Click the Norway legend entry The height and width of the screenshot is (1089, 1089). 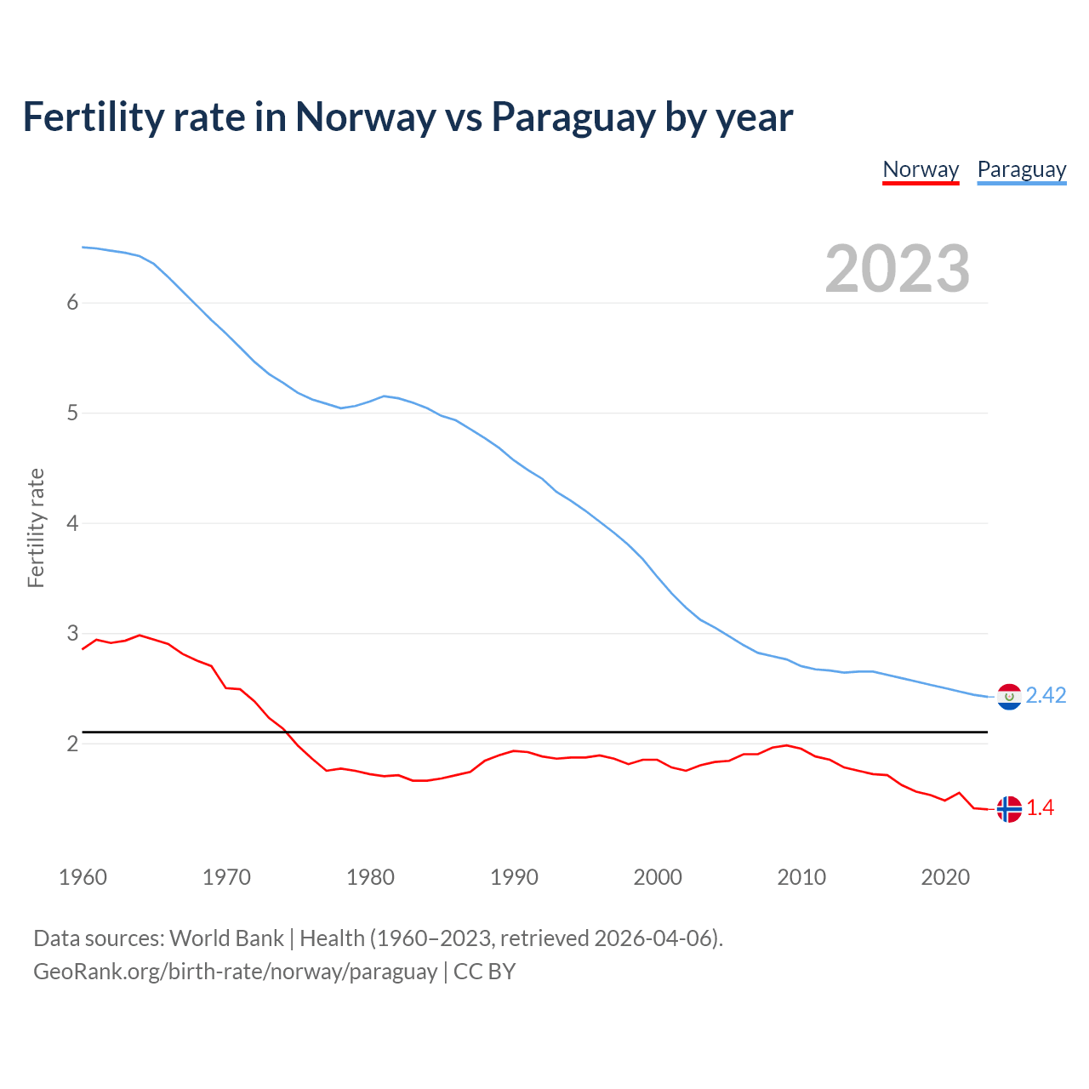click(921, 169)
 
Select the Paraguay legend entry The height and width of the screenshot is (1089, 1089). click(1021, 169)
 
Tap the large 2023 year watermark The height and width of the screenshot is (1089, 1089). click(897, 269)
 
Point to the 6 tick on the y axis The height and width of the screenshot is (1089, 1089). click(72, 303)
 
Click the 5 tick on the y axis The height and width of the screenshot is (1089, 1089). click(72, 413)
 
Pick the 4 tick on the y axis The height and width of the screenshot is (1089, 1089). click(72, 523)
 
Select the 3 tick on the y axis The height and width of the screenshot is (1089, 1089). click(72, 634)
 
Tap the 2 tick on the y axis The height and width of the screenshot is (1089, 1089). click(72, 744)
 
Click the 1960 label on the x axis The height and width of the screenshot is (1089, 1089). click(83, 877)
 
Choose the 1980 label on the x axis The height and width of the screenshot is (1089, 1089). click(370, 877)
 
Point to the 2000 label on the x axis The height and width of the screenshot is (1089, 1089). click(658, 877)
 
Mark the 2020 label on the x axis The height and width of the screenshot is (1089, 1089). click(945, 877)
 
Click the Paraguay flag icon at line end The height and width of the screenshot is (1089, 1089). click(1009, 697)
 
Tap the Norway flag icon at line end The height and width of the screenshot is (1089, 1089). click(1009, 809)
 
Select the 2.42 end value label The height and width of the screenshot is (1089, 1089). click(1046, 696)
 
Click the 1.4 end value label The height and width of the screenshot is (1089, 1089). click(1040, 808)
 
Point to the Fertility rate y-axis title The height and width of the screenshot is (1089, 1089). click(36, 527)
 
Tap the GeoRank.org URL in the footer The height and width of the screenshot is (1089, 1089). click(235, 972)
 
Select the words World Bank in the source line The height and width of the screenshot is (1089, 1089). click(226, 938)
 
